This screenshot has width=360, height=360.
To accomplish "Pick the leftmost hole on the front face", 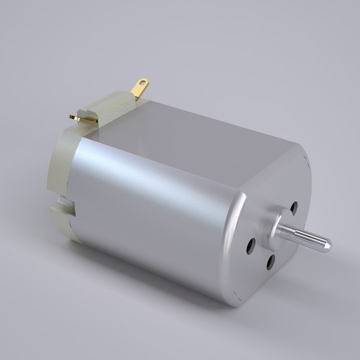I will tap(251, 246).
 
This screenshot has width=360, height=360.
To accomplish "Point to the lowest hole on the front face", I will tap(270, 263).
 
